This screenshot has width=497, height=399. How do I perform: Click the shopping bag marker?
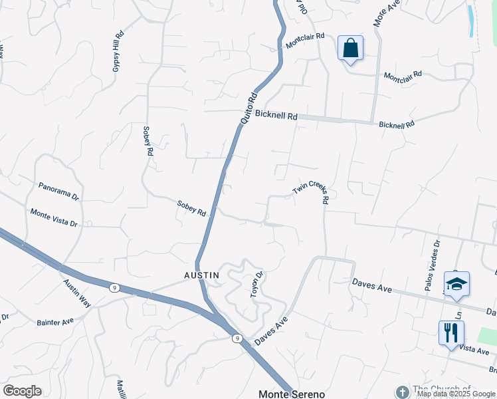point(350,49)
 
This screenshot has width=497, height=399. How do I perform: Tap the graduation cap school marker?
point(456,285)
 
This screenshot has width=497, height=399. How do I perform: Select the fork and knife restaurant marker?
point(451,333)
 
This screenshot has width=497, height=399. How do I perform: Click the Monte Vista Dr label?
point(54,217)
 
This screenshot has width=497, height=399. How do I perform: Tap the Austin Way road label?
point(76,292)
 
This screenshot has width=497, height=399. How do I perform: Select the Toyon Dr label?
point(257,284)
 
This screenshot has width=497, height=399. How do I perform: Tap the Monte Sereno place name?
point(292,394)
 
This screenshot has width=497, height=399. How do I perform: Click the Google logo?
point(22,390)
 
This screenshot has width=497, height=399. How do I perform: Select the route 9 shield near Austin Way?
point(115,288)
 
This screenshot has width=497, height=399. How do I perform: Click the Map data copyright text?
point(455,394)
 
